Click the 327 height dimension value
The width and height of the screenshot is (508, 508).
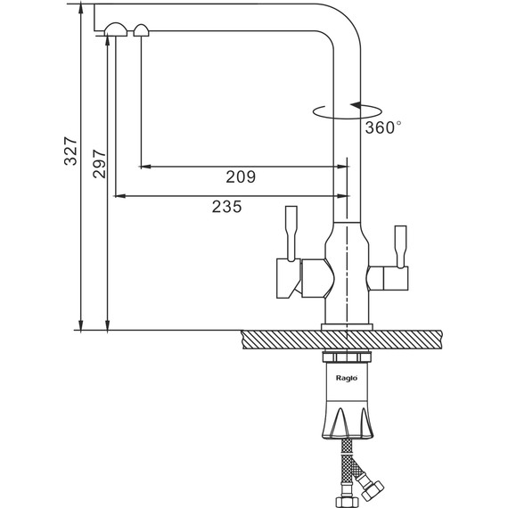pyautogui.click(x=70, y=152)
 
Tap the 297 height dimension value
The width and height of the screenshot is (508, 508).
pyautogui.click(x=99, y=164)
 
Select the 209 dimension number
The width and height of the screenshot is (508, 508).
pyautogui.click(x=241, y=176)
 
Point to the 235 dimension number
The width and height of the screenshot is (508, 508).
pyautogui.click(x=226, y=207)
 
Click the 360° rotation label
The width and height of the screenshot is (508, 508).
pyautogui.click(x=383, y=127)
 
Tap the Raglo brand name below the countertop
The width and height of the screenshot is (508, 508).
pyautogui.click(x=347, y=378)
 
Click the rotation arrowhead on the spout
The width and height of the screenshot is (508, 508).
pyautogui.click(x=356, y=105)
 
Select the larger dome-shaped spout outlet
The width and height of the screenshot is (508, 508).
pyautogui.click(x=116, y=29)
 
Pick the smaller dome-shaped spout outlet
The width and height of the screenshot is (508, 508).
pyautogui.click(x=141, y=30)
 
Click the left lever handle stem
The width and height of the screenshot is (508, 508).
pyautogui.click(x=291, y=233)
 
